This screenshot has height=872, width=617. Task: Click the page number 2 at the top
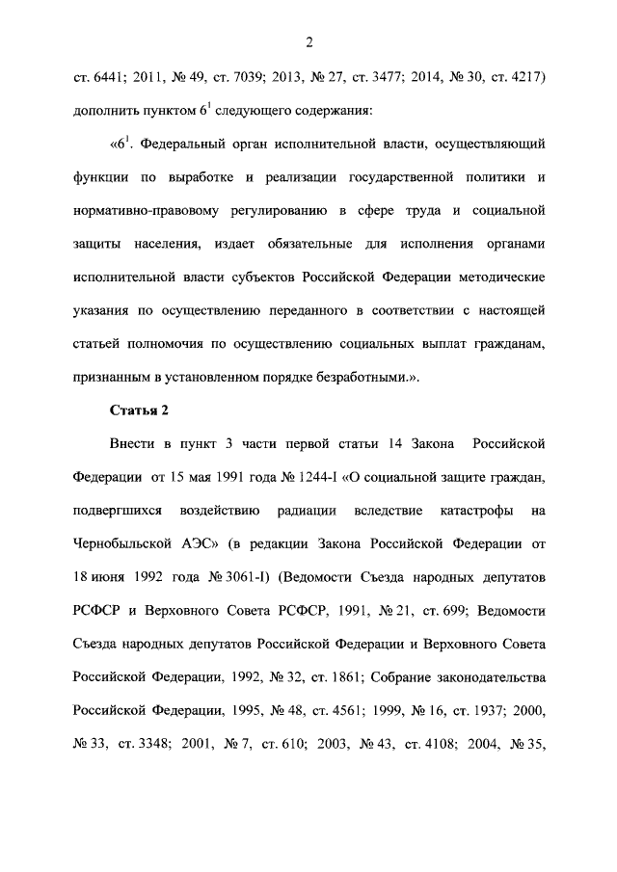308,41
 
